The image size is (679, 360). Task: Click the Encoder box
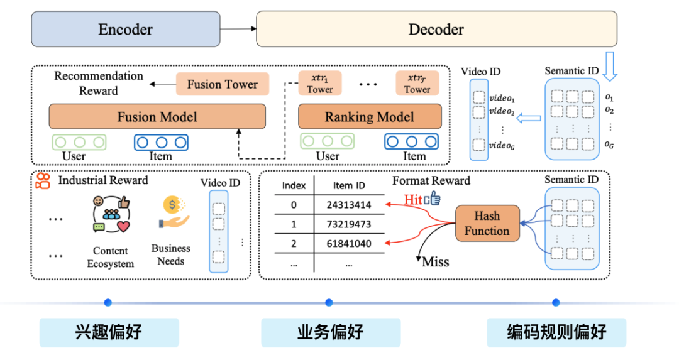[x=126, y=29]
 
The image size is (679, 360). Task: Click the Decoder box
[x=436, y=29]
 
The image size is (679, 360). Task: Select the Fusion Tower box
[x=222, y=84]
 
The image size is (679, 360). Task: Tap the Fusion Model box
[x=157, y=117]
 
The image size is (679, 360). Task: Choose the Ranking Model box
[x=369, y=117]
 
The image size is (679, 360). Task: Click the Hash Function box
[x=487, y=223]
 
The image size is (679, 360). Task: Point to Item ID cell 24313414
[x=349, y=205]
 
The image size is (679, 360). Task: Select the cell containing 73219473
[x=349, y=224]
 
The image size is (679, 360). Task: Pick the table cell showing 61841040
[x=349, y=244]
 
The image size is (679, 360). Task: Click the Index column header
[x=294, y=185]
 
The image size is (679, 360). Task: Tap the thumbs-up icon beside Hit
[x=433, y=199]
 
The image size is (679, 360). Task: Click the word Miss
[x=435, y=261]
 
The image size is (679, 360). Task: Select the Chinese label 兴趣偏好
[x=109, y=332]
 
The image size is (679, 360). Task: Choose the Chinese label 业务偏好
[x=331, y=332]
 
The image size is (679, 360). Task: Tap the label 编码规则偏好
[x=556, y=332]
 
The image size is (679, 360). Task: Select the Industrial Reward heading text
[x=103, y=180]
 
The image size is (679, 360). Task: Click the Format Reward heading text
[x=431, y=181]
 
